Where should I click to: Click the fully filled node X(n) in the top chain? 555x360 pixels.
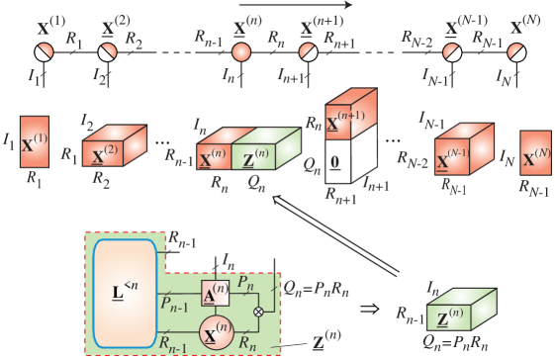tap(240, 50)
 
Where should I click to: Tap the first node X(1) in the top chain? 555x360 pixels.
tap(43, 50)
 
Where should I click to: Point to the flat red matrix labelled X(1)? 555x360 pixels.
tap(35, 141)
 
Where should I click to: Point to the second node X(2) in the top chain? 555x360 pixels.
tap(108, 50)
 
